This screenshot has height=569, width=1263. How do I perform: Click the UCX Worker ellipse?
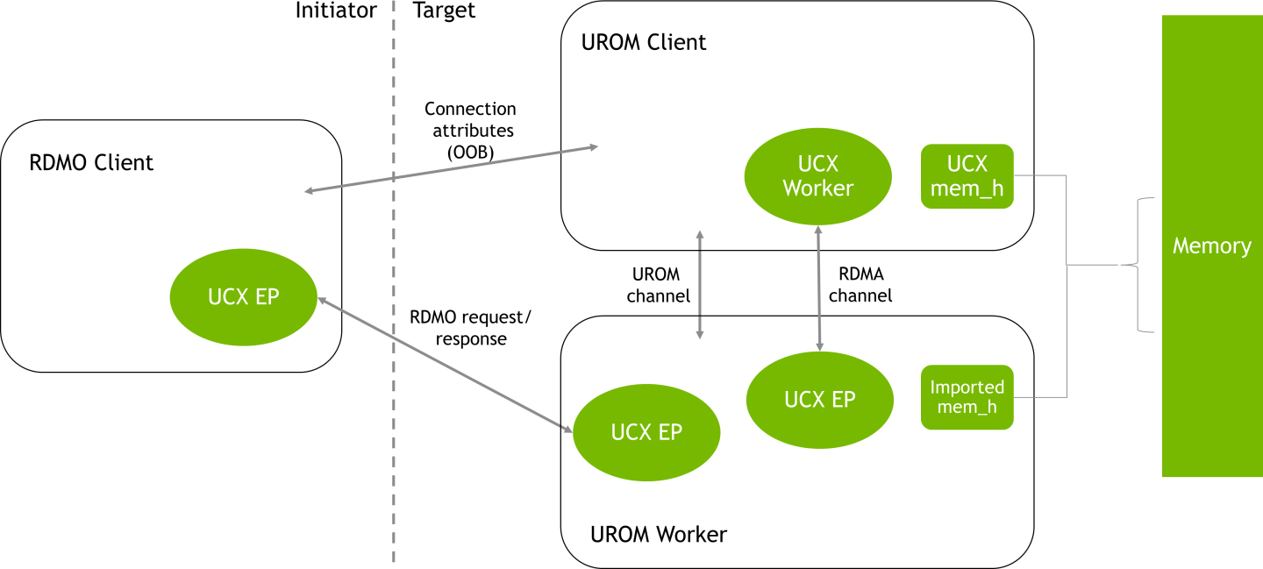click(817, 176)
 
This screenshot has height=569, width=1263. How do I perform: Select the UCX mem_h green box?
click(967, 176)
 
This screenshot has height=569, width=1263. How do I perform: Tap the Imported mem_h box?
click(967, 397)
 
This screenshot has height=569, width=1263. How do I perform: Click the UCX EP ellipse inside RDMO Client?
click(243, 297)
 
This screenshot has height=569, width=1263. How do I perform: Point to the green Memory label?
click(1211, 246)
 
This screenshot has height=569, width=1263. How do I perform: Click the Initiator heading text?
click(336, 11)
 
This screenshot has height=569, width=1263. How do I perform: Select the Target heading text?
click(444, 11)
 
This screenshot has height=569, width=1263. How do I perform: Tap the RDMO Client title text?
click(91, 162)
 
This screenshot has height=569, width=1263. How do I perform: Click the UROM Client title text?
click(644, 42)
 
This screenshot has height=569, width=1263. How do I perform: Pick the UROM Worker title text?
click(659, 534)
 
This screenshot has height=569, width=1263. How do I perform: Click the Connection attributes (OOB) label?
click(470, 131)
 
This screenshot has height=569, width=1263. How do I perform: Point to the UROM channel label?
click(658, 285)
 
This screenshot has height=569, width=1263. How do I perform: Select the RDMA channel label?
click(860, 285)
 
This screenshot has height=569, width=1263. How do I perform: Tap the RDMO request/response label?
click(471, 327)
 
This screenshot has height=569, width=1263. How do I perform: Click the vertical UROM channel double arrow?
click(699, 284)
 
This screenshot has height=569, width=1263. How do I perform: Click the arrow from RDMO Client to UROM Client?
click(451, 169)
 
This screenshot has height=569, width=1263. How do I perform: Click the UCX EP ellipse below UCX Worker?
click(819, 399)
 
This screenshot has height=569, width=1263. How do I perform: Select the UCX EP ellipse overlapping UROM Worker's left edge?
click(646, 432)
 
